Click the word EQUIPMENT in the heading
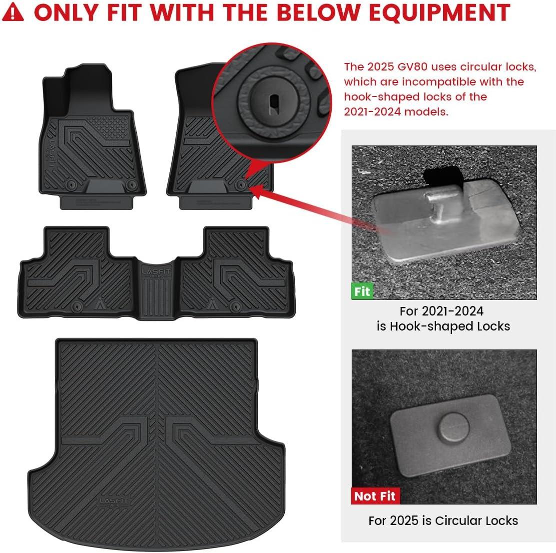[x=439, y=13]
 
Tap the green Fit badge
[x=362, y=291]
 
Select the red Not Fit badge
[x=375, y=496]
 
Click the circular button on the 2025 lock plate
[x=454, y=427]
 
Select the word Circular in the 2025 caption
[x=459, y=520]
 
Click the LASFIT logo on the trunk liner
[x=114, y=501]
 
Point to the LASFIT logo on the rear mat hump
[x=156, y=272]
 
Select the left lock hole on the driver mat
[x=70, y=185]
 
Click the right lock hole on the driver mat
[x=132, y=184]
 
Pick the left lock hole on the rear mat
[x=77, y=306]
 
